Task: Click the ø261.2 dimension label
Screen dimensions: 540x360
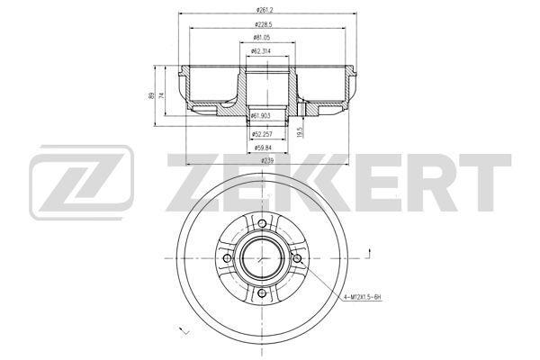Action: [265, 10]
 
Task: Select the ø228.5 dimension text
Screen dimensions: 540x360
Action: [264, 24]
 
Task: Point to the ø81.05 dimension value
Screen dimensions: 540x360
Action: [262, 37]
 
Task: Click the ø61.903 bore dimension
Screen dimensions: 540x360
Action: [260, 116]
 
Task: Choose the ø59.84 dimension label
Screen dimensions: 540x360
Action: [263, 148]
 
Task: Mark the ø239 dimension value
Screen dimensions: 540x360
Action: [267, 160]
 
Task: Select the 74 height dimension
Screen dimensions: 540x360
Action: [161, 95]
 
